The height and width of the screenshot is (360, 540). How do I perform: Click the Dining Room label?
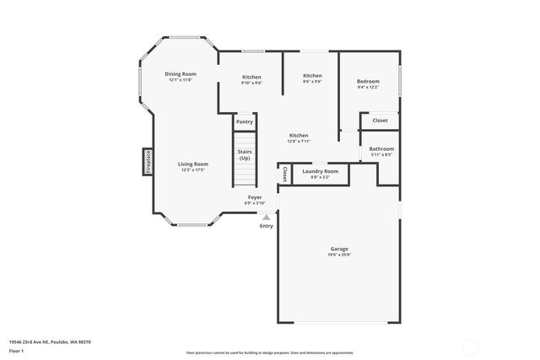pyautogui.click(x=181, y=74)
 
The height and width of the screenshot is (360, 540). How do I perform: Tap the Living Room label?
pyautogui.click(x=192, y=164)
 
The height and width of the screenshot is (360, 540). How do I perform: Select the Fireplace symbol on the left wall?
pyautogui.click(x=148, y=162)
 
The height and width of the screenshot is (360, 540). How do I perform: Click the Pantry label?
pyautogui.click(x=245, y=121)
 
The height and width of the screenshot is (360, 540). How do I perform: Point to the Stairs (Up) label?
pyautogui.click(x=245, y=155)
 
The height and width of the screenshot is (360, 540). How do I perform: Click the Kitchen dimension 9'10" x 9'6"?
pyautogui.click(x=251, y=83)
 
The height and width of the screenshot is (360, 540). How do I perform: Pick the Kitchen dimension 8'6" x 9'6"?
pyautogui.click(x=312, y=82)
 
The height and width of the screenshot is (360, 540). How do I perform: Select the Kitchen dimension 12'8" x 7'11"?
pyautogui.click(x=299, y=142)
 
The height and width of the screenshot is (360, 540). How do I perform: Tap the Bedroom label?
pyautogui.click(x=368, y=81)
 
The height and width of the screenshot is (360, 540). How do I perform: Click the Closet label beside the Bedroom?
pyautogui.click(x=380, y=121)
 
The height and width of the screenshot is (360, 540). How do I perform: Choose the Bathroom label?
pyautogui.click(x=381, y=148)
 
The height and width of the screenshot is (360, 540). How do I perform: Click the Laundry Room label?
pyautogui.click(x=320, y=171)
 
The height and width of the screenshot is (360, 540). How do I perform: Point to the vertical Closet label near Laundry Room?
pyautogui.click(x=285, y=174)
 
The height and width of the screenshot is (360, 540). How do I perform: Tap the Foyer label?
pyautogui.click(x=254, y=197)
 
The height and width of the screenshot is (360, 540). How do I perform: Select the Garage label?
pyautogui.click(x=339, y=249)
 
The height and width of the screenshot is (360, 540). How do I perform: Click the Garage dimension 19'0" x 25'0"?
pyautogui.click(x=339, y=255)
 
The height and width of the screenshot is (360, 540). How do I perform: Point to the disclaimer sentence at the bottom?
pyautogui.click(x=270, y=352)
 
